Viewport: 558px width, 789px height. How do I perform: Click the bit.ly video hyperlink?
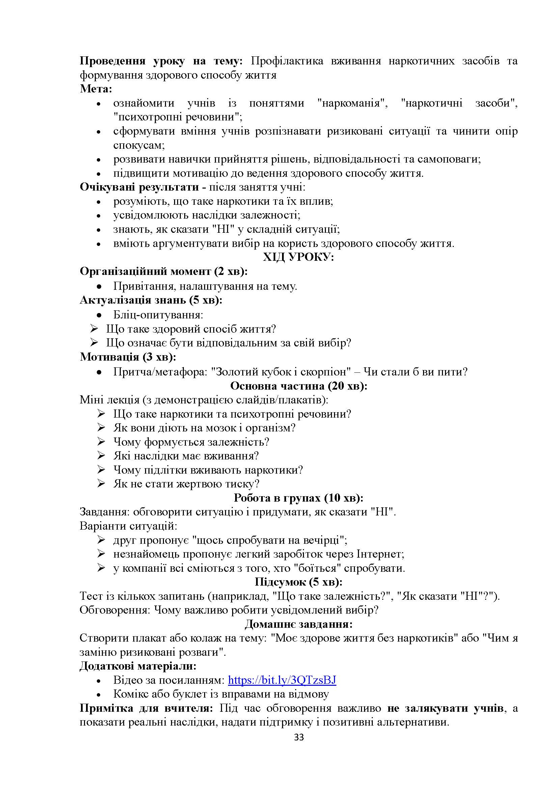[x=282, y=680]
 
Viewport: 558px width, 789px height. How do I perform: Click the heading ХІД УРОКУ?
[x=298, y=257]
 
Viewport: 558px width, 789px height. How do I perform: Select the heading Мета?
[x=96, y=89]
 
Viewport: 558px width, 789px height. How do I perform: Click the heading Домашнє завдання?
[x=298, y=624]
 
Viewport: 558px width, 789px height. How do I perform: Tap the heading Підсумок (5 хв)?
[x=298, y=582]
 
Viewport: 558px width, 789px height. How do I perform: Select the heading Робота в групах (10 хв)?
[x=298, y=498]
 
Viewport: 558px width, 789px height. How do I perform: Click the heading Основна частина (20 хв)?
[x=298, y=386]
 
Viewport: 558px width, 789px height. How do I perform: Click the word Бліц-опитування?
[x=158, y=315]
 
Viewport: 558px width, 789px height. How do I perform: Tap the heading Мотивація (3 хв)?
[x=128, y=357]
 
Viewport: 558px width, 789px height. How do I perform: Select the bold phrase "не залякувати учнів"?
[x=445, y=708]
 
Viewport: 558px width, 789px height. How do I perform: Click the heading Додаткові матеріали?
[x=138, y=666]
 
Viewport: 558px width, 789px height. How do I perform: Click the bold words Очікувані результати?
[x=139, y=187]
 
